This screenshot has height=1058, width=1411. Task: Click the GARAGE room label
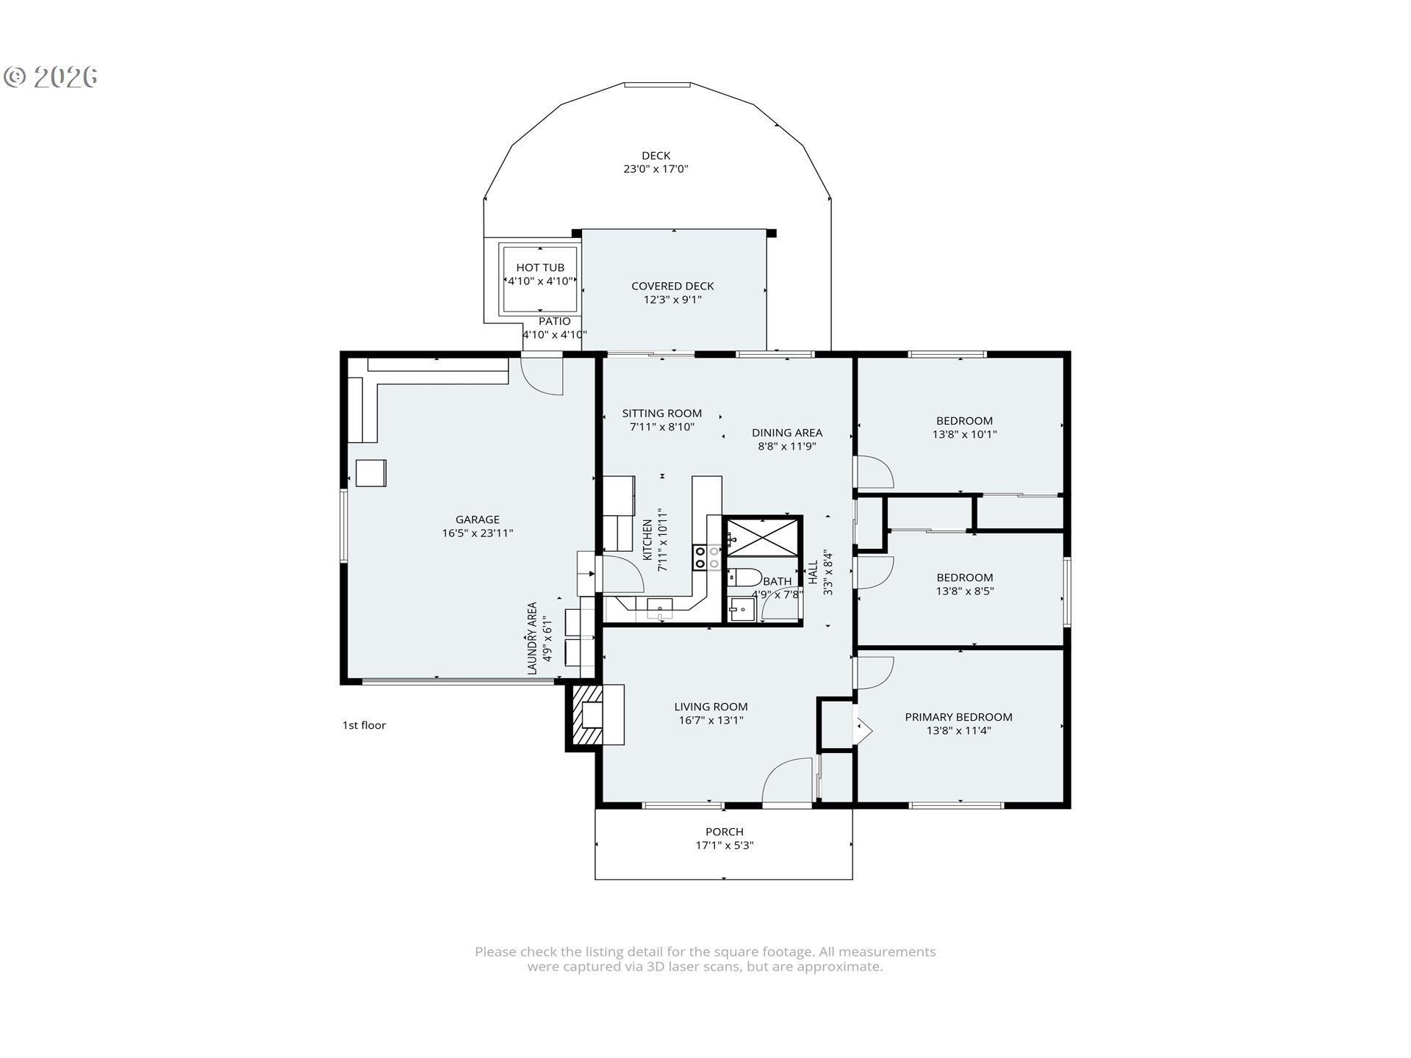[x=477, y=519]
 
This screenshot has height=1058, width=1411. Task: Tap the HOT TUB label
[x=540, y=268]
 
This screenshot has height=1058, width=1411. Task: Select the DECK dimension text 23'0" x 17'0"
[x=656, y=169]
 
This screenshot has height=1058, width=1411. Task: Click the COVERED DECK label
[x=672, y=287]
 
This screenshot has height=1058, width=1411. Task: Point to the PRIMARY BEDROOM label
[x=958, y=717]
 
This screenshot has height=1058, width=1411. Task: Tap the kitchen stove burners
[x=707, y=557]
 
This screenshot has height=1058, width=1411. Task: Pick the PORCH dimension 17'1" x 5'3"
[x=725, y=846]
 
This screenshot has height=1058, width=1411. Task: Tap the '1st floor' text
[x=364, y=725]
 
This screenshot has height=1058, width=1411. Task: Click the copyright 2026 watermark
[x=51, y=77]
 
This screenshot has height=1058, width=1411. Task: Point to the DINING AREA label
[x=787, y=433]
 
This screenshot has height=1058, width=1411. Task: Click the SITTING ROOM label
[x=661, y=414]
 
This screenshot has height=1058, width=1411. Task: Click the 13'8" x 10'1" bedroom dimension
[x=964, y=434]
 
